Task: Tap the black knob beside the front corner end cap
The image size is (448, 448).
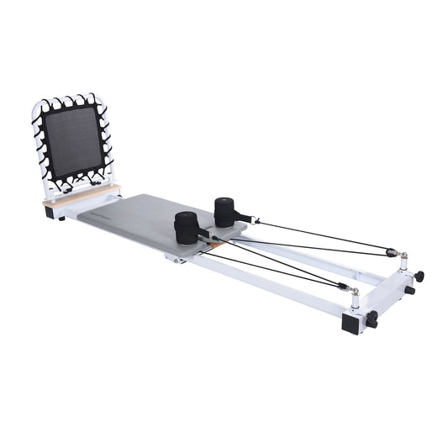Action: (x=372, y=319)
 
